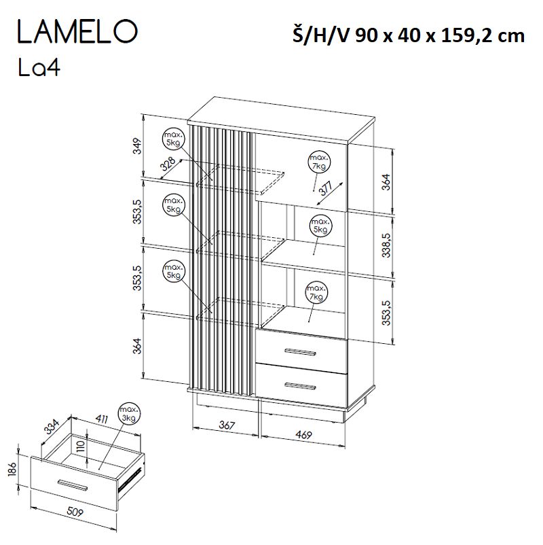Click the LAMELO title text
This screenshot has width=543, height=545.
(77, 32)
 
